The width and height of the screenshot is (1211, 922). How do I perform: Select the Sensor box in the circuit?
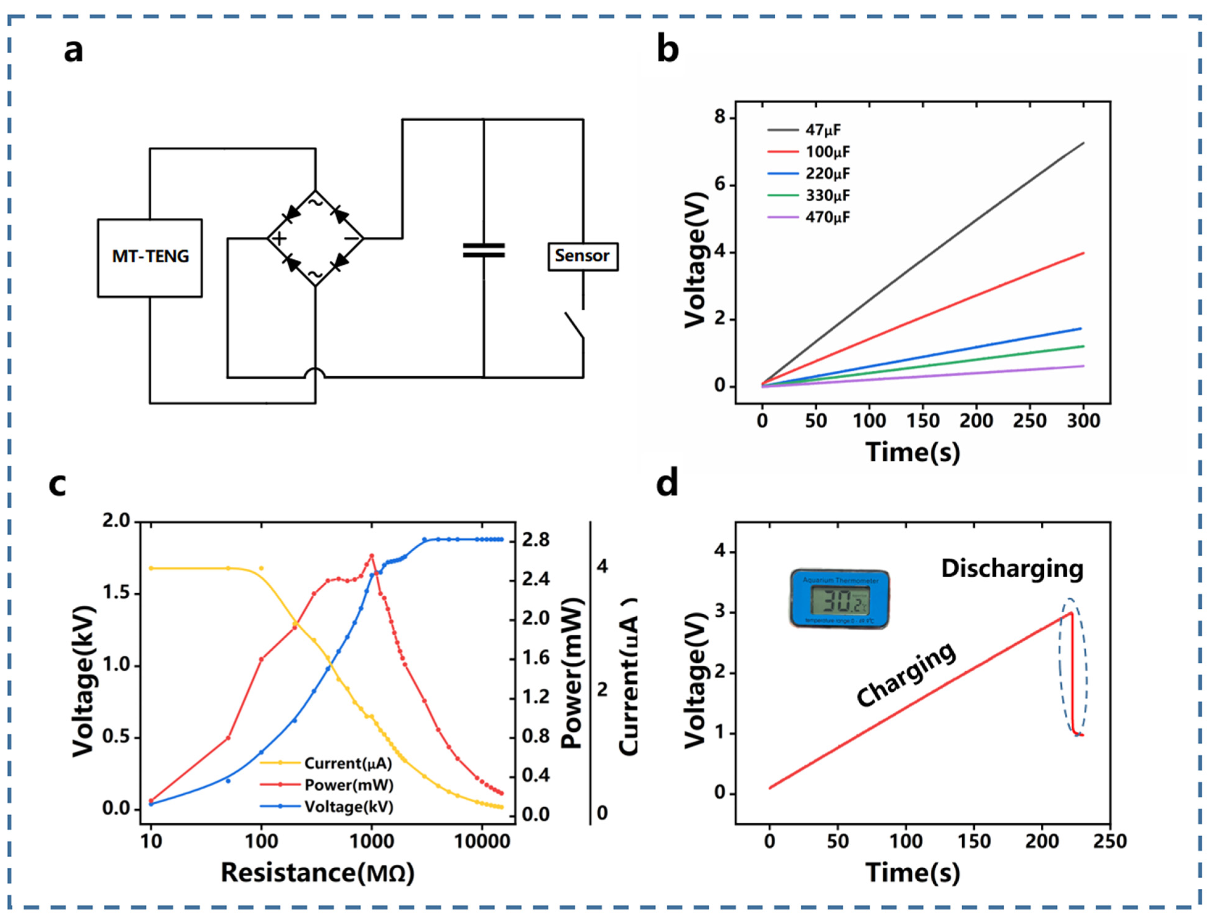click(x=583, y=256)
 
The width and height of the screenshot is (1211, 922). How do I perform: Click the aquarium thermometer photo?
click(x=839, y=599)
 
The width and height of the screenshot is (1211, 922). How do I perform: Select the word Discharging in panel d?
click(x=1012, y=569)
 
